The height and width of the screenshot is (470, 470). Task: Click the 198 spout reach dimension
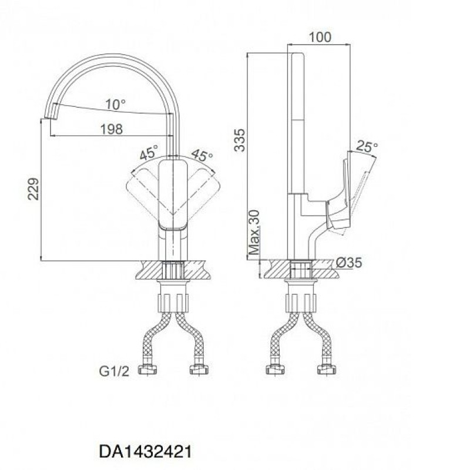pyautogui.click(x=111, y=129)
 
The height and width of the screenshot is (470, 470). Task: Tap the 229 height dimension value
pyautogui.click(x=33, y=189)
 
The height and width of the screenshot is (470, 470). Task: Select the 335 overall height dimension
pyautogui.click(x=240, y=140)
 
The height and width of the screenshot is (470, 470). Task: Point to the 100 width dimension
pyautogui.click(x=320, y=37)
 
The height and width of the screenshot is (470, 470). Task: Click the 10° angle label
pyautogui.click(x=115, y=105)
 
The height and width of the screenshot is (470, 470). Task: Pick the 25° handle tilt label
pyautogui.click(x=367, y=146)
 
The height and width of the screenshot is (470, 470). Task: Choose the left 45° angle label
pyautogui.click(x=149, y=152)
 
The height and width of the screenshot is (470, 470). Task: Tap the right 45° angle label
pyautogui.click(x=202, y=155)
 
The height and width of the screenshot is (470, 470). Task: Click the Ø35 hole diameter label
pyautogui.click(x=348, y=263)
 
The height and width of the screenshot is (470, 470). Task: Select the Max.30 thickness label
pyautogui.click(x=254, y=233)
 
